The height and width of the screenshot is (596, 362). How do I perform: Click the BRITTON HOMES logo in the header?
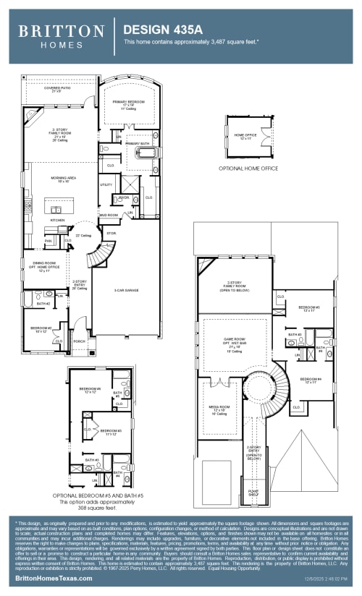coord(61,35)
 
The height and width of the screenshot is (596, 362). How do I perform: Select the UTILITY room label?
coord(106,185)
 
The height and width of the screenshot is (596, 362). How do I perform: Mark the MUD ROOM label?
coord(109,215)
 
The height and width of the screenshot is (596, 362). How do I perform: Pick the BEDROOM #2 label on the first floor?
coord(41,329)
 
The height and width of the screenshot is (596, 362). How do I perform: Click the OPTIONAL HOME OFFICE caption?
coord(248,168)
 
